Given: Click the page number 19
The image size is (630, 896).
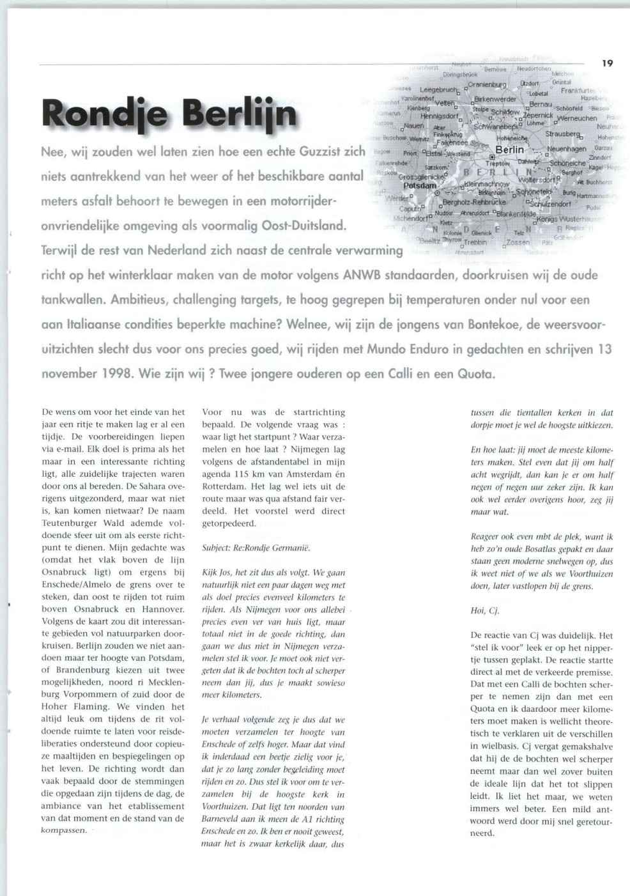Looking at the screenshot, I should click(x=607, y=63).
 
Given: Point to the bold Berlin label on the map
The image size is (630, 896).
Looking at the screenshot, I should click(x=509, y=150).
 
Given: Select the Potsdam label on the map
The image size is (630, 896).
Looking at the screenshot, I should click(x=420, y=185).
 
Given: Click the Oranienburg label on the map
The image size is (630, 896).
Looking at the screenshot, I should click(x=487, y=84).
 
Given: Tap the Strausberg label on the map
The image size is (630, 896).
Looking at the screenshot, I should click(x=563, y=134).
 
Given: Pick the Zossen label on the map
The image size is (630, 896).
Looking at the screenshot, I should click(x=518, y=243).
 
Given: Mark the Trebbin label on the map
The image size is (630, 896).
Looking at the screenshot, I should click(x=475, y=242).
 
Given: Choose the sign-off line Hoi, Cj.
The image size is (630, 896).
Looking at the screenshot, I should click(x=484, y=610).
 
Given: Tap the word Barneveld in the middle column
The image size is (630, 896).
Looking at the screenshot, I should click(x=222, y=819).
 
